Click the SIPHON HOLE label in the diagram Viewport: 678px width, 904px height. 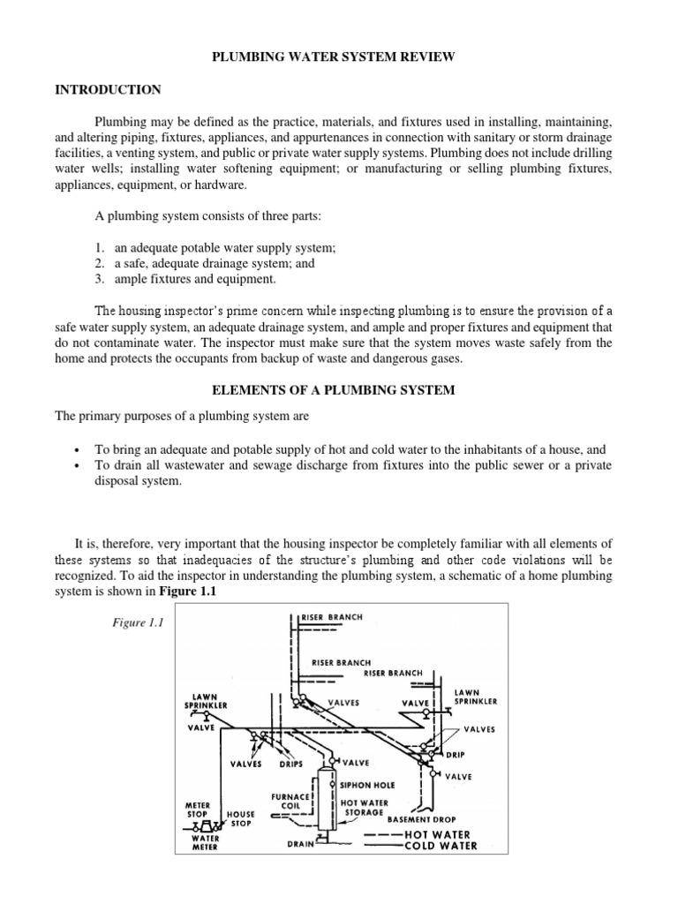click(x=367, y=783)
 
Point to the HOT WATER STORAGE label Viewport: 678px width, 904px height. click(x=361, y=809)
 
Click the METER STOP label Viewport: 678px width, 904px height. click(x=197, y=810)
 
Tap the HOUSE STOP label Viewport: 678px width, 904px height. click(x=241, y=818)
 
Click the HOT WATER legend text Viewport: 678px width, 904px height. click(x=437, y=833)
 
